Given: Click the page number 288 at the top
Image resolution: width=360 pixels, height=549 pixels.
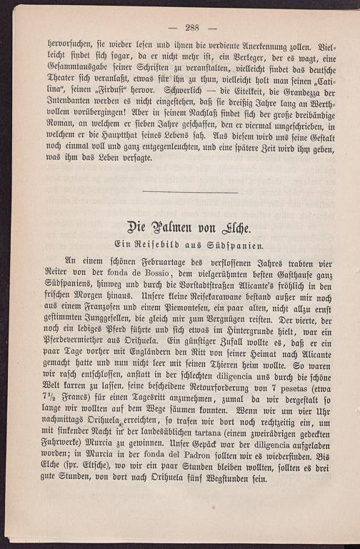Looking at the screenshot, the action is click(191, 28).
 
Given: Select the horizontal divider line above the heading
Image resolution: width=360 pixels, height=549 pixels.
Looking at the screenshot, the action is click(191, 192).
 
